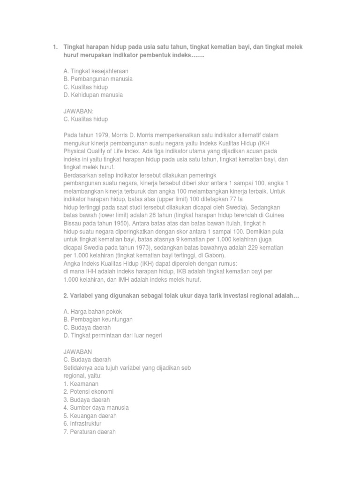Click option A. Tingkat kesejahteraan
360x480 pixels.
[x=96, y=71]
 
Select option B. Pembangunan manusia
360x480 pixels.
[x=97, y=79]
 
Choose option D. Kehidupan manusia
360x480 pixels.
[x=93, y=95]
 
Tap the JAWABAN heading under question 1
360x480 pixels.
[x=79, y=112]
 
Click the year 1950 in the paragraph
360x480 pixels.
[x=116, y=223]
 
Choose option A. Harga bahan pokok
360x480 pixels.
[x=92, y=311]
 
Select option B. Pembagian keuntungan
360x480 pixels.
[x=97, y=319]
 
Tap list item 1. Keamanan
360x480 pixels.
[x=81, y=383]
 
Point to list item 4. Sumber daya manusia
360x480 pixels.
[x=96, y=407]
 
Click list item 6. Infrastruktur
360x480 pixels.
[x=82, y=423]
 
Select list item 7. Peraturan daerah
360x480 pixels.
[x=89, y=431]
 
